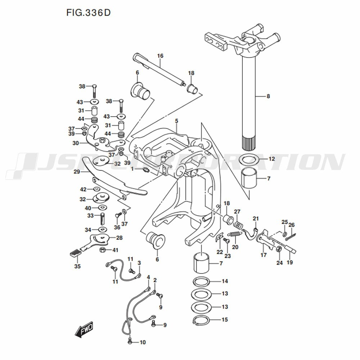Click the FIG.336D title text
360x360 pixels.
click(x=88, y=13)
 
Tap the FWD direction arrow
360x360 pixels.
click(x=84, y=330)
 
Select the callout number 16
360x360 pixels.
click(x=160, y=56)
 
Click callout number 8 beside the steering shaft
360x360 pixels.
click(x=268, y=96)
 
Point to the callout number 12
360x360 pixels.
click(x=271, y=159)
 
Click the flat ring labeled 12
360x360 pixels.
click(x=248, y=159)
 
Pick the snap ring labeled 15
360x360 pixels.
click(x=203, y=320)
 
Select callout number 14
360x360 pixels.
click(x=225, y=281)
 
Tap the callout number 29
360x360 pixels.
click(x=76, y=172)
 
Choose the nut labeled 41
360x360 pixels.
click(x=102, y=250)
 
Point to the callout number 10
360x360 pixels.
click(x=143, y=342)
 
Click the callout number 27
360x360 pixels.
click(x=237, y=212)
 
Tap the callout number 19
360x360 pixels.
click(x=290, y=262)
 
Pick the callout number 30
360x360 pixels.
click(x=75, y=143)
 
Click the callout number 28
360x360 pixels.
click(x=119, y=238)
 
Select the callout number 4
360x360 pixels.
click(x=148, y=277)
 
